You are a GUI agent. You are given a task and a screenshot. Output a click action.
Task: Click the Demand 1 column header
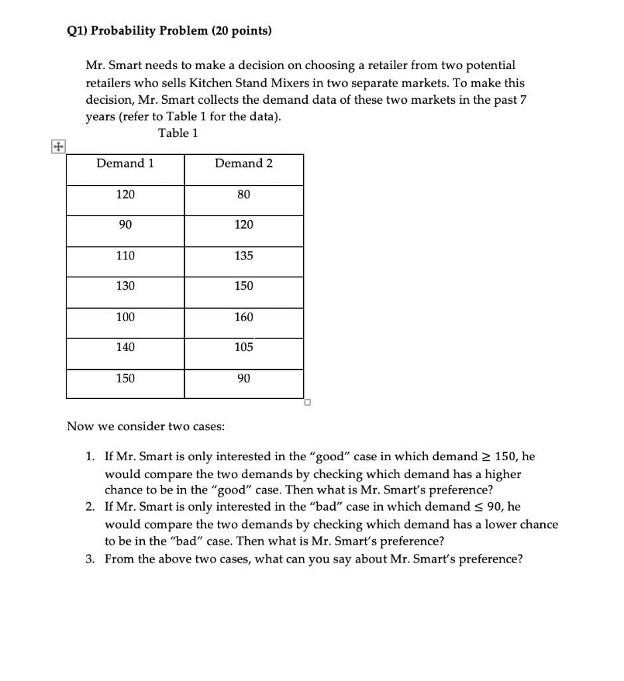[x=125, y=164]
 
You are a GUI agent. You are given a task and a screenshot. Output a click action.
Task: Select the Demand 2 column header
[x=244, y=164]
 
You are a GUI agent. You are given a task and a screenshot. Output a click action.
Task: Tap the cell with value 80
[x=244, y=194]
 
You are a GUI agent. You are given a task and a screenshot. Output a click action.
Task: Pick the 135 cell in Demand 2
[x=244, y=255]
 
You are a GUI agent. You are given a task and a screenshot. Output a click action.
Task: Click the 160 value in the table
[x=244, y=317]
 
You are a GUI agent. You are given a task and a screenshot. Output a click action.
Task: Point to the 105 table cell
[x=244, y=347]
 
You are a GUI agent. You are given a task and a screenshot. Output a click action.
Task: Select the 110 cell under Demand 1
[x=125, y=255]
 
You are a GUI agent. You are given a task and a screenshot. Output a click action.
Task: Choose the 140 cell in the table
[x=125, y=347]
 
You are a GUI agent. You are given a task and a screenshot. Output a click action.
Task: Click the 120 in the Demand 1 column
[x=125, y=194]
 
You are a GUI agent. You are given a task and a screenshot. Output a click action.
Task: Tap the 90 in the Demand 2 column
[x=244, y=378]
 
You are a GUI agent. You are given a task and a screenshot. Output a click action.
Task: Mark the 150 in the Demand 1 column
[x=125, y=378]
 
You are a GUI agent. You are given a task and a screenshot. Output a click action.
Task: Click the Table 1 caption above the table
[x=178, y=133]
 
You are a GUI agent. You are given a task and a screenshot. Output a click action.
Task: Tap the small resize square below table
[x=308, y=402]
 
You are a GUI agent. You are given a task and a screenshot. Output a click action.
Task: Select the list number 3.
[x=90, y=559]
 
